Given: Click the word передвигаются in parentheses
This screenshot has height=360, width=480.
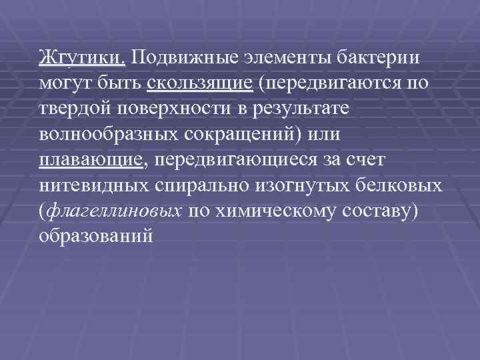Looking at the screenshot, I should click(334, 83).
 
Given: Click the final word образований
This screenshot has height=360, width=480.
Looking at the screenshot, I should click(96, 237).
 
